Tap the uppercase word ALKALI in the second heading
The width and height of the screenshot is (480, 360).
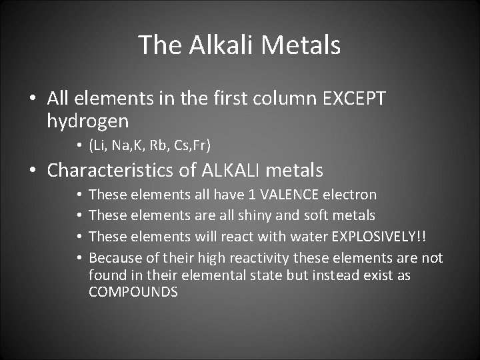(230, 171)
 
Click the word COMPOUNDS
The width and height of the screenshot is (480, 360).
(133, 292)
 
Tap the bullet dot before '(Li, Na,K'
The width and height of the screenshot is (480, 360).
(79, 145)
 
